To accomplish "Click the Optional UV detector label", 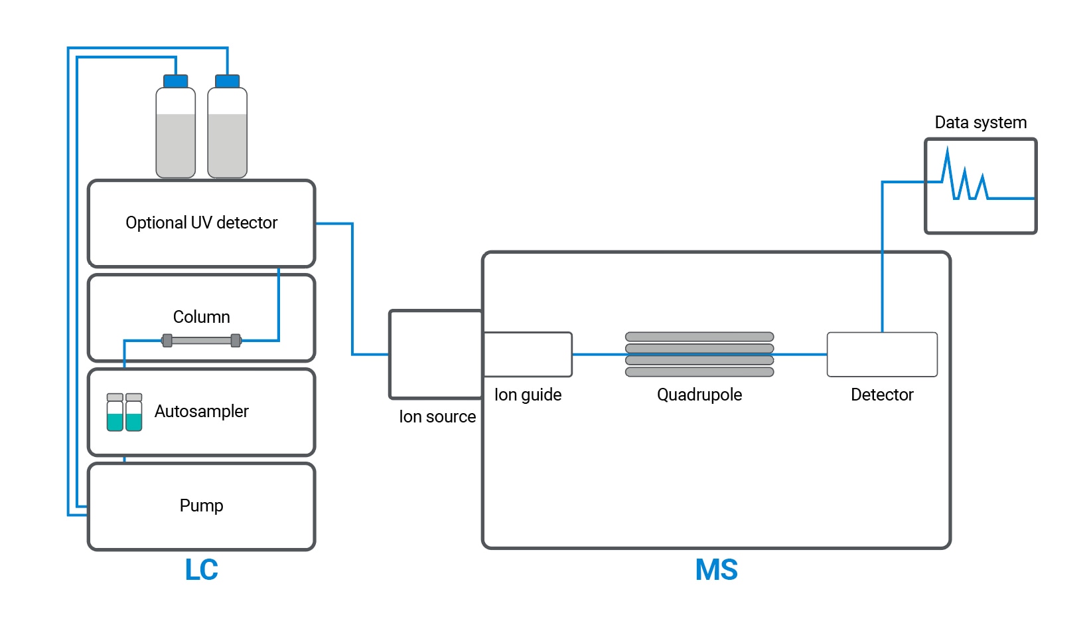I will [201, 223].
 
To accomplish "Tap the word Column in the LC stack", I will [201, 317].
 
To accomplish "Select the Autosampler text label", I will [201, 411].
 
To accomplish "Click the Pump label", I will [201, 505].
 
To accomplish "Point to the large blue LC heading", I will [201, 570].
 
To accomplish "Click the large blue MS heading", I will [716, 570].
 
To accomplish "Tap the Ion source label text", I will [437, 416].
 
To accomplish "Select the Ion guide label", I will [528, 395].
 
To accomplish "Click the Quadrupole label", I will [699, 395].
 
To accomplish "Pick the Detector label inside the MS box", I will [882, 395].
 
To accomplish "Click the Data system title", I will [980, 122].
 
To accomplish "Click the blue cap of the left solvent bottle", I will [175, 82].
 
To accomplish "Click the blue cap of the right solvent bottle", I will [228, 82].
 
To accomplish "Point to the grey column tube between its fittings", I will [202, 341].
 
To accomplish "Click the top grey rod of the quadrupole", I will [699, 337].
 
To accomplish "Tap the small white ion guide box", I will [528, 354].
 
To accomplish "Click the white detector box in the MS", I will [882, 354].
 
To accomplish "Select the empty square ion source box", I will [435, 354].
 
